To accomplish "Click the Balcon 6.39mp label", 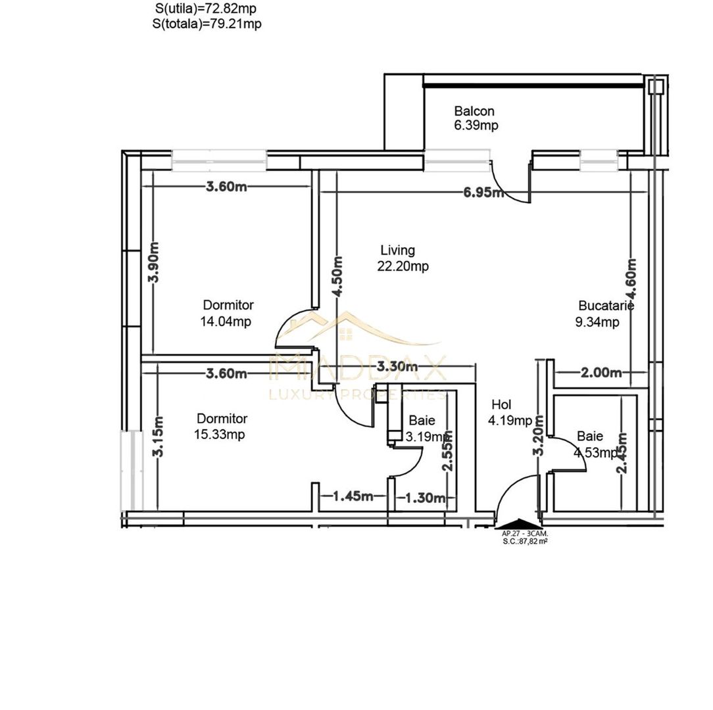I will pos(474,118).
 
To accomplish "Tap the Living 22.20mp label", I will pos(403,258).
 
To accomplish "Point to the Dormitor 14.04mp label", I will pos(228,313).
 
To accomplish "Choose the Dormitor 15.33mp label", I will pos(221,427).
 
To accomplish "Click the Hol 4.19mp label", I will pos(509,413).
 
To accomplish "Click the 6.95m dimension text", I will pos(483,193).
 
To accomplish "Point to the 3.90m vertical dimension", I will pos(153,262).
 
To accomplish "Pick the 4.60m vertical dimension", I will pos(631,275).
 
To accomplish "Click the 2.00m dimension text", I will pos(601,373).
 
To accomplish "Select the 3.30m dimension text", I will pos(397,366).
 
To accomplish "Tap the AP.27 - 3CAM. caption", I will pos(525,534).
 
